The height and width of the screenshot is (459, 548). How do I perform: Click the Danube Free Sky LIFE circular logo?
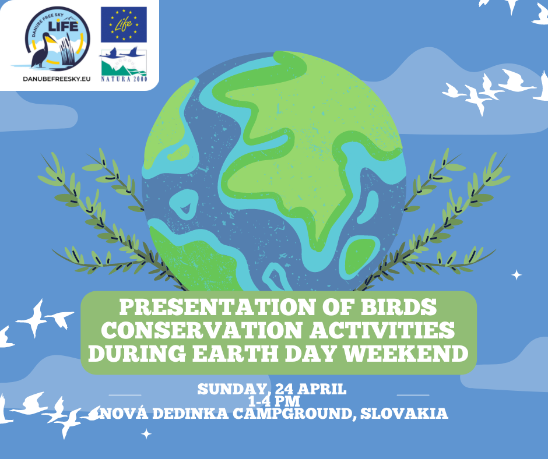[x=57, y=38]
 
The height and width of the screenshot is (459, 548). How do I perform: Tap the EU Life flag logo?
[x=124, y=24]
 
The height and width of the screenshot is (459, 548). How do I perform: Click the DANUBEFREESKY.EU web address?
[x=57, y=79]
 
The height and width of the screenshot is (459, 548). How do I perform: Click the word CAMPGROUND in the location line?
[x=293, y=413]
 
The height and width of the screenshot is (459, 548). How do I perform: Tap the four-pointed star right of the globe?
[x=517, y=275]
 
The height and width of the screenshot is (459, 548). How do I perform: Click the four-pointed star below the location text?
[x=146, y=434]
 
